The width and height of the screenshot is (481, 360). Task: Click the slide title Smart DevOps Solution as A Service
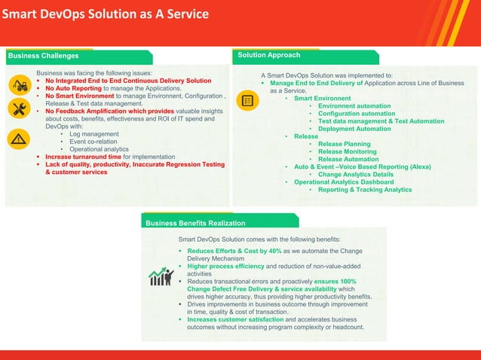click(106, 15)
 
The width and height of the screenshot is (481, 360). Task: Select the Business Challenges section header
click(43, 56)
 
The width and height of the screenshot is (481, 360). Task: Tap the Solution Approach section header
click(268, 55)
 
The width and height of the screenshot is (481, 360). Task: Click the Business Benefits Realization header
click(195, 223)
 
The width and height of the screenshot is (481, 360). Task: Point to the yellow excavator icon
click(20, 84)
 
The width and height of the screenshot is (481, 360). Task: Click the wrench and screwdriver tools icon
click(20, 110)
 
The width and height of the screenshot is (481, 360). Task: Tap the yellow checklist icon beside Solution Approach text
click(247, 100)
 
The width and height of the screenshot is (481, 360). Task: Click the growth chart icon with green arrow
click(161, 276)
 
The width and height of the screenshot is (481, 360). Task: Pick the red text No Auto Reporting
click(73, 88)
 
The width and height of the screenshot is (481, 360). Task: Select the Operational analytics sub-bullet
click(99, 149)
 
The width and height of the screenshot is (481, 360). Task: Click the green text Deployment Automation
click(354, 129)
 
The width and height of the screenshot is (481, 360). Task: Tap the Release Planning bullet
click(344, 144)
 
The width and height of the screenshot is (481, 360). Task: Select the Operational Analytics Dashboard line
click(344, 182)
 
